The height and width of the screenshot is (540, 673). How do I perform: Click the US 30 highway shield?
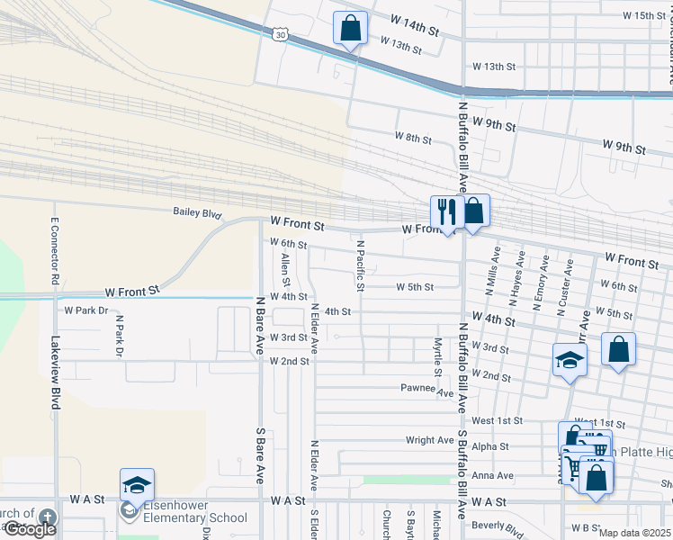[281, 34]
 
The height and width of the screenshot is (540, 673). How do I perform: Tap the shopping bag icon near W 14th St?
[350, 28]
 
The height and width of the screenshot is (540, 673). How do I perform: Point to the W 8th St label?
[413, 137]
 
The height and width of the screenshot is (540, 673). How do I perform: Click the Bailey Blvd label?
[197, 213]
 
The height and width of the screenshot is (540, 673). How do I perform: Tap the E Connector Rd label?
[55, 253]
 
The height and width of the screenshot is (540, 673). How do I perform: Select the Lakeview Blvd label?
[55, 373]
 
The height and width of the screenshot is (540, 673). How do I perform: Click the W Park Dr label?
[86, 310]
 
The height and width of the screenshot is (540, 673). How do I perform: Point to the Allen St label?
[285, 265]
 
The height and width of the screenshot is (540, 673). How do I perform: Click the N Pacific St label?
[360, 265]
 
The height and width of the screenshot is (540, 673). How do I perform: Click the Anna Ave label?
[495, 475]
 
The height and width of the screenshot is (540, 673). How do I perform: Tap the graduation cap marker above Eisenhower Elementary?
[137, 485]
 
